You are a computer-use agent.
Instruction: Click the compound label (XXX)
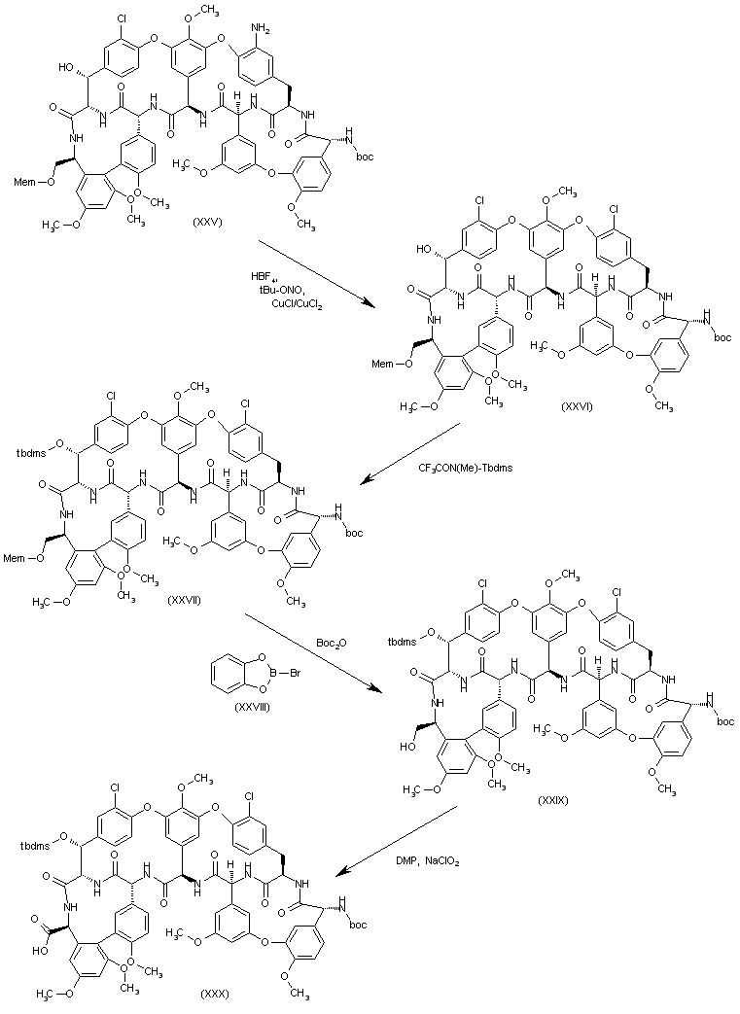[215, 994]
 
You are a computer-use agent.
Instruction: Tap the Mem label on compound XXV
[24, 179]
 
